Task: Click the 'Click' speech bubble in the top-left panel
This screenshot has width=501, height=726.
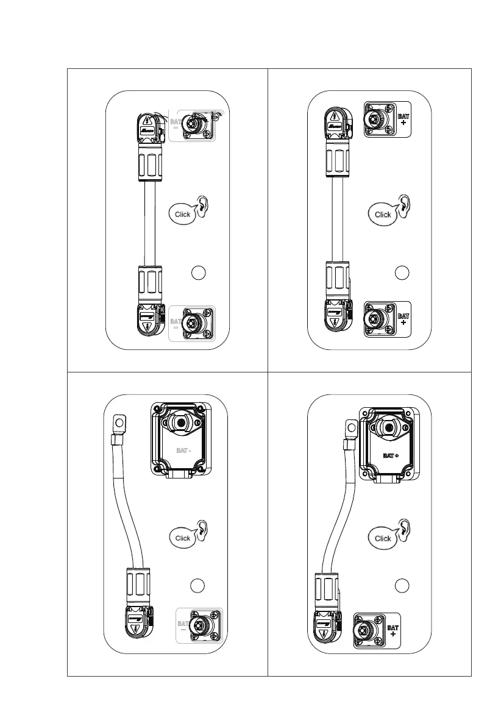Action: point(182,214)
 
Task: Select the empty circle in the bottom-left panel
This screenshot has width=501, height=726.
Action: point(196,586)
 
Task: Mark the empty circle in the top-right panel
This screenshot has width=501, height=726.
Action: point(400,272)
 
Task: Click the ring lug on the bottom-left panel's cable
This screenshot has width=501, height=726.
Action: point(119,422)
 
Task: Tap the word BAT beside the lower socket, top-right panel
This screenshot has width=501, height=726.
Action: point(402,316)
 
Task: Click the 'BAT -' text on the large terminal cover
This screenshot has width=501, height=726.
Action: point(182,450)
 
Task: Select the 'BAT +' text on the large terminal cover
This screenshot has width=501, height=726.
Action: point(391,455)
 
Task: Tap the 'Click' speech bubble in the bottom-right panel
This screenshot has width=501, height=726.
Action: point(383,538)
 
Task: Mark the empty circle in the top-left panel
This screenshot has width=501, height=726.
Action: point(197,272)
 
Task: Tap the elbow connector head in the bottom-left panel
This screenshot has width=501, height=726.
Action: point(139,623)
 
